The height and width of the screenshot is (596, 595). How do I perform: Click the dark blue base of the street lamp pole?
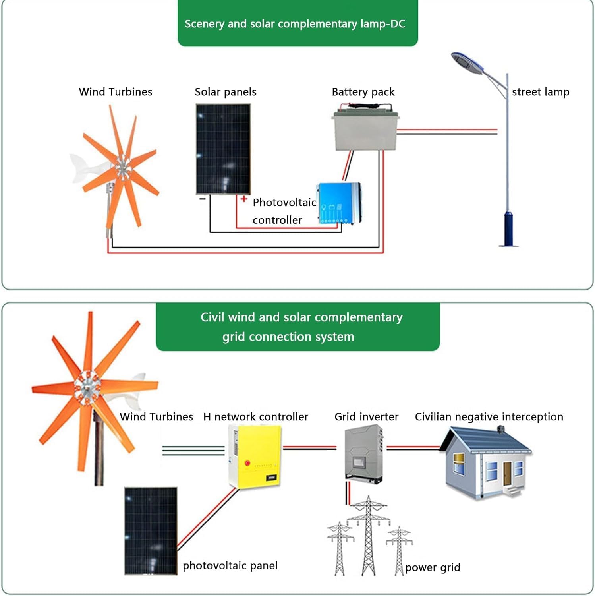(508, 230)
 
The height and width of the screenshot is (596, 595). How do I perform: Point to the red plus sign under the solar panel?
(244, 199)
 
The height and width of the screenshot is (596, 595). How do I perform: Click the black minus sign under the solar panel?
(203, 199)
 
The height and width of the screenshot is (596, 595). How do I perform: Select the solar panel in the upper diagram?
(223, 149)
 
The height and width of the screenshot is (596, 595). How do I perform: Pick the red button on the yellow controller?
(247, 463)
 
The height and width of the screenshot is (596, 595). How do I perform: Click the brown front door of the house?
(507, 473)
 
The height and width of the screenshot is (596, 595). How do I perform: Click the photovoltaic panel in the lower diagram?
(151, 530)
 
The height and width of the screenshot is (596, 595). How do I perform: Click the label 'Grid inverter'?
(366, 416)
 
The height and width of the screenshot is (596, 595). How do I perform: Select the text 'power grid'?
(433, 567)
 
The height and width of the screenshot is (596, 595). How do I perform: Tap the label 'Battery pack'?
(363, 92)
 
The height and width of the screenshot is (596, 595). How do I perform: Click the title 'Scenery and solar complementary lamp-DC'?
(295, 24)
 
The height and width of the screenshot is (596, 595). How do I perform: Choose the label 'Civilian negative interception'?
(489, 416)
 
